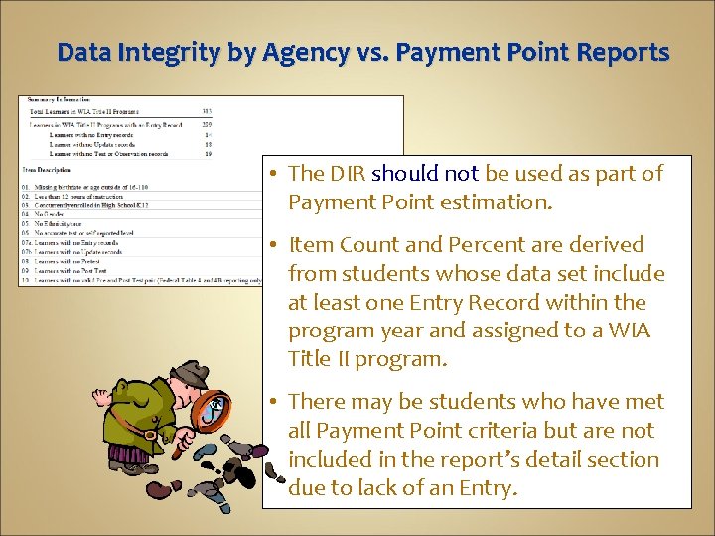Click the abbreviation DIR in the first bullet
click(347, 173)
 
